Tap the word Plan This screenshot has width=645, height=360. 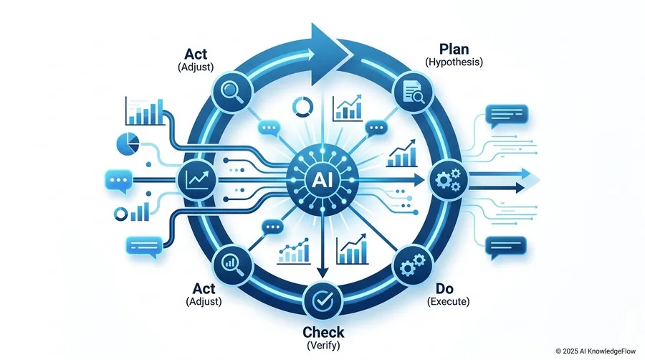coord(454,49)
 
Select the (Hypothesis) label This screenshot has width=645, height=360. coord(454,62)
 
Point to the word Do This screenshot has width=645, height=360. coord(444,288)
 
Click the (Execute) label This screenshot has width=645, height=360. coord(448,302)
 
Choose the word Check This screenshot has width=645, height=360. coord(323,332)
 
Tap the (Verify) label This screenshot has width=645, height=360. coord(323,345)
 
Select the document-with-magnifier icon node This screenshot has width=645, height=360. coord(414,91)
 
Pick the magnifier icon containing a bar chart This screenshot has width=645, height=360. coord(231,264)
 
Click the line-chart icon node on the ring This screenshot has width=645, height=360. coord(196,180)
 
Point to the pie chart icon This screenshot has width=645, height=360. coord(128,143)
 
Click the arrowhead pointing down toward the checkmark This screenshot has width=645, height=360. coord(323,273)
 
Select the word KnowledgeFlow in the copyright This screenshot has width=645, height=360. coord(613,351)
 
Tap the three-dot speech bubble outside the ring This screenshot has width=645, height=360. coord(119,181)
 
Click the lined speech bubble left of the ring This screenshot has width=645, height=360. coord(144,247)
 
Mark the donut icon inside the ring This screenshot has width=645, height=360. coord(302,107)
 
